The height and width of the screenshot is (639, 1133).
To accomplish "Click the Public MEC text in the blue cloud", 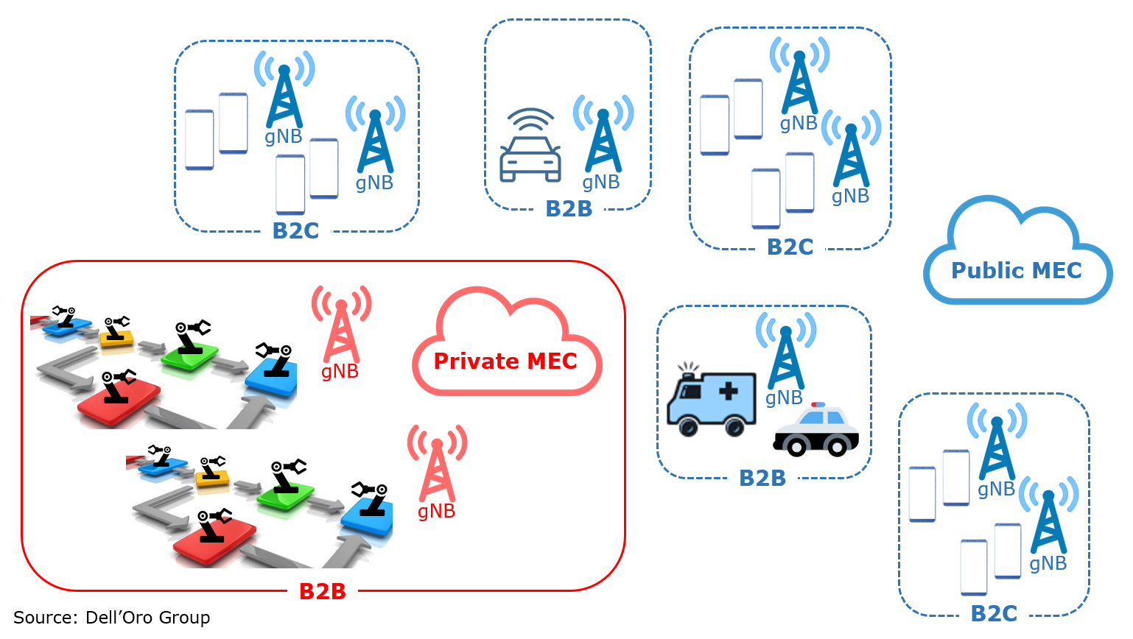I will pyautogui.click(x=1016, y=270).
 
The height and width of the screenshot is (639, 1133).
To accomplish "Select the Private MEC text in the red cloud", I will pyautogui.click(x=505, y=361).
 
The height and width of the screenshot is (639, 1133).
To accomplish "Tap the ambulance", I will pyautogui.click(x=711, y=402).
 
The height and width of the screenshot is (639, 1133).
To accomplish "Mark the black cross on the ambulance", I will pyautogui.click(x=728, y=390).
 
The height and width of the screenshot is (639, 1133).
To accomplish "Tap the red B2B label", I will pyautogui.click(x=322, y=591).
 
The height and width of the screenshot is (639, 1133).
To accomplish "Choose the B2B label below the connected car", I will pyautogui.click(x=569, y=209).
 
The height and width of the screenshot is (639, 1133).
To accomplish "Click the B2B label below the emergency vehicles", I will pyautogui.click(x=762, y=479).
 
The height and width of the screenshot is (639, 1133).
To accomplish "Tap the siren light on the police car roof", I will pyautogui.click(x=818, y=405).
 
